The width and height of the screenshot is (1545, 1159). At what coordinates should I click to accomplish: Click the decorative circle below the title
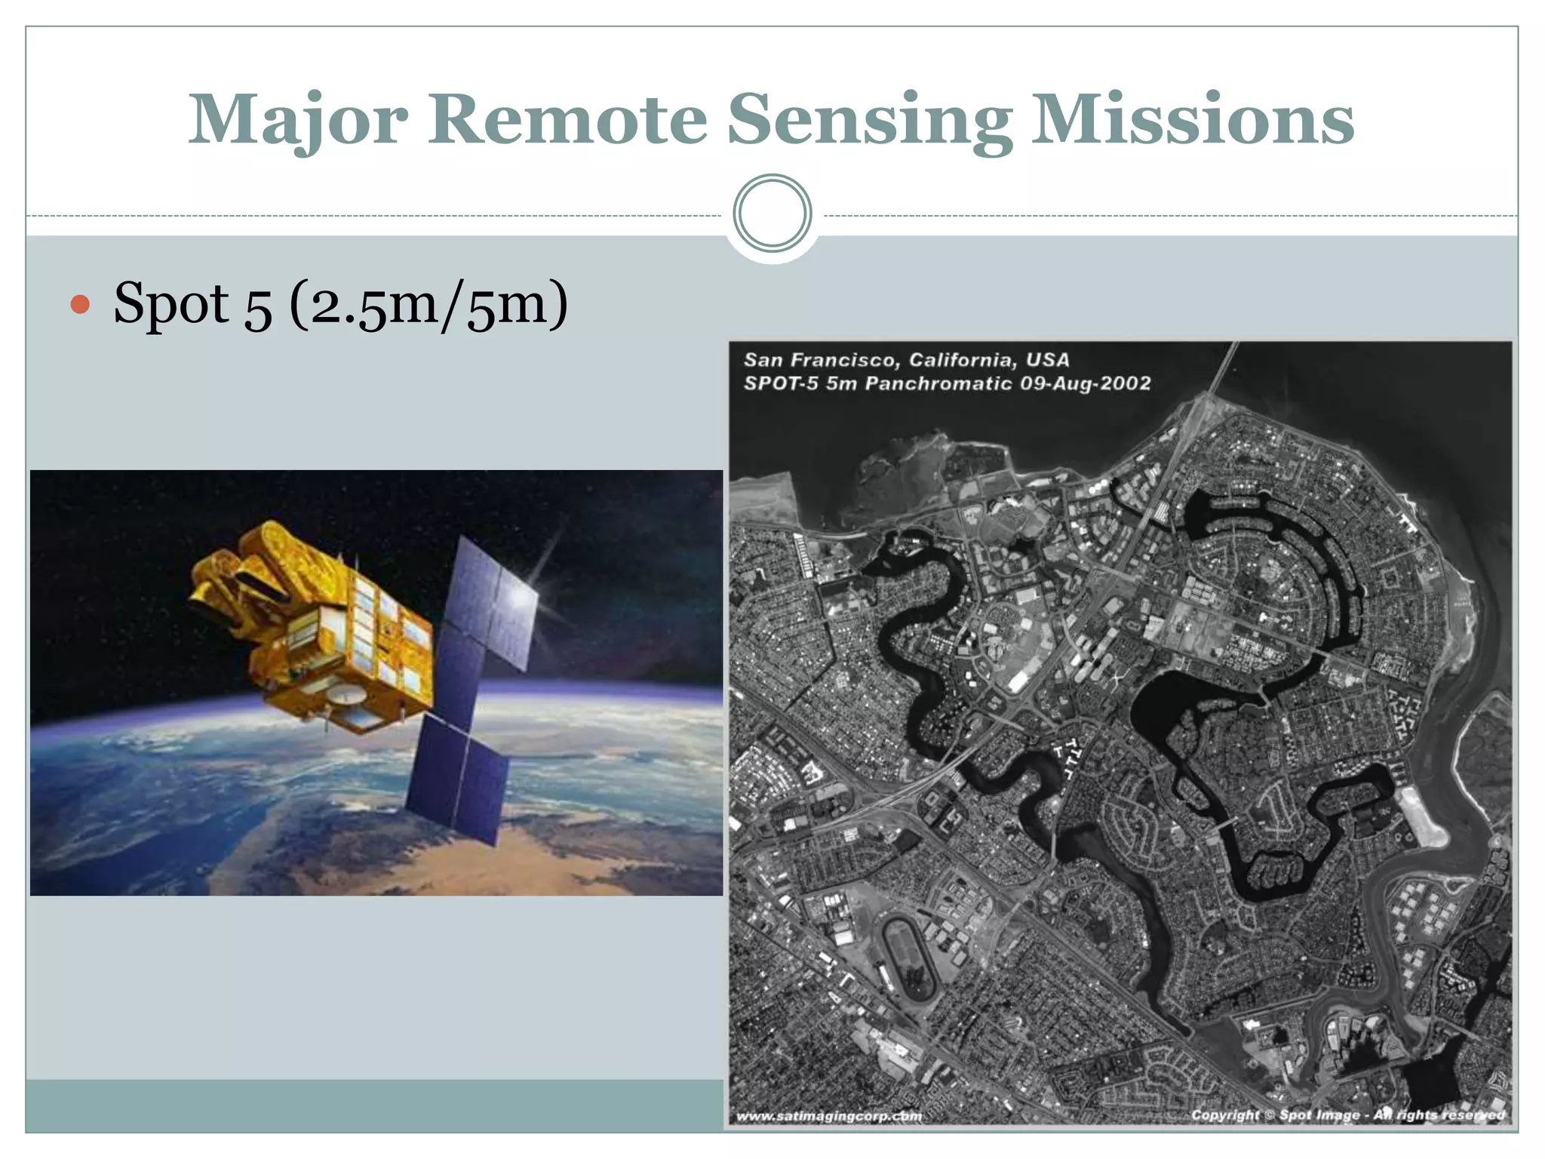pyautogui.click(x=772, y=213)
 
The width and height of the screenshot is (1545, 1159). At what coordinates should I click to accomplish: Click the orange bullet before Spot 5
pyautogui.click(x=80, y=305)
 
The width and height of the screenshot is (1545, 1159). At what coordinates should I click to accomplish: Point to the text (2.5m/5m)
pyautogui.click(x=428, y=303)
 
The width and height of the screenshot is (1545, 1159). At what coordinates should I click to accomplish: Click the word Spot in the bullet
pyautogui.click(x=170, y=303)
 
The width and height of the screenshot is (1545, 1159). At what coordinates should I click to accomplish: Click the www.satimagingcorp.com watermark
pyautogui.click(x=828, y=1116)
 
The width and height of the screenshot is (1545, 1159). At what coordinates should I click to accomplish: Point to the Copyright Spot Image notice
pyautogui.click(x=1347, y=1114)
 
